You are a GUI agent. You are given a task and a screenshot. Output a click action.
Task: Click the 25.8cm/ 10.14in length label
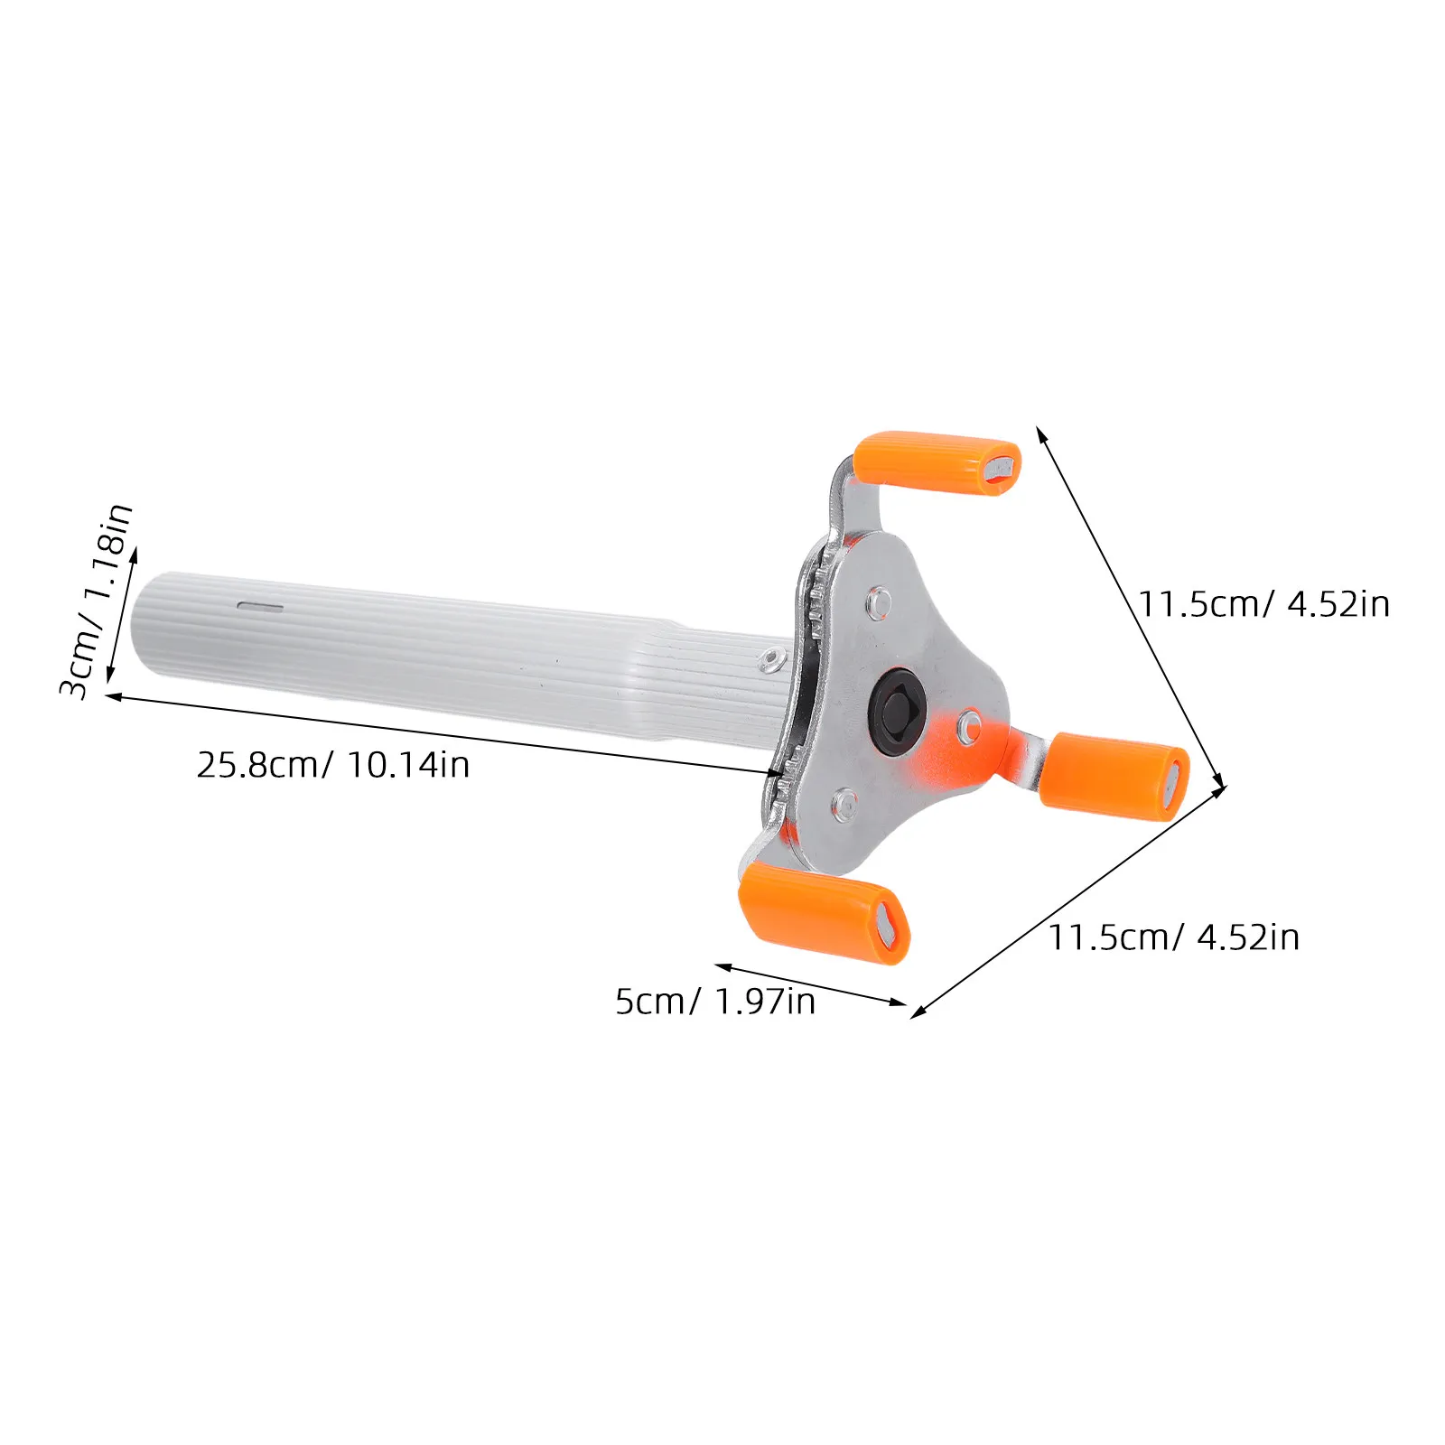tap(333, 765)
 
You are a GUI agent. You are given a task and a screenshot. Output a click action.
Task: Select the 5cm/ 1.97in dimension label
tap(715, 1002)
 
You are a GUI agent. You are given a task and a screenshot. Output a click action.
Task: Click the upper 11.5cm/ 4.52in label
tap(1263, 604)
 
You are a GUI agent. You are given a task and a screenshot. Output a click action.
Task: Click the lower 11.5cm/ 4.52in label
tap(1173, 937)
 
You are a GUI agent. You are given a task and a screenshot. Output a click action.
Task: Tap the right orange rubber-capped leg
tap(1114, 776)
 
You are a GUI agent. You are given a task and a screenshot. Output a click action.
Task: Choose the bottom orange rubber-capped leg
tap(824, 909)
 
